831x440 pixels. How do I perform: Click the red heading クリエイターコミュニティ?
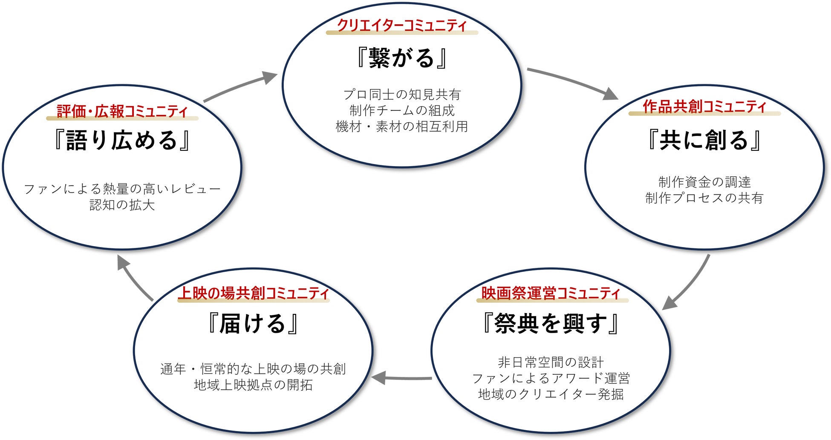(x=402, y=25)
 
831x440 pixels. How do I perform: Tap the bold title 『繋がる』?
(x=402, y=58)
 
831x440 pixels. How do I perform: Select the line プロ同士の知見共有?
(x=402, y=94)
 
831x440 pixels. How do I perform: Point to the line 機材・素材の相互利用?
(x=402, y=126)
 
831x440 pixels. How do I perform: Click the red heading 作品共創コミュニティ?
(x=704, y=106)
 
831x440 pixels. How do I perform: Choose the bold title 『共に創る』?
(x=704, y=140)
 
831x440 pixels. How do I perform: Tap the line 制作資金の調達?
(x=704, y=182)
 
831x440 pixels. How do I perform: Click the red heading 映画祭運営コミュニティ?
(x=551, y=293)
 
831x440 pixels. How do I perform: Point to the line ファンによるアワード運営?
(x=551, y=378)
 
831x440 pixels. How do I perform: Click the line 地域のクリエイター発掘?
(x=551, y=394)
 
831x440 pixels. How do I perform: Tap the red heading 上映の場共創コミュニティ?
(x=254, y=293)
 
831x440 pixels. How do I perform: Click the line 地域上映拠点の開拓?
(x=254, y=385)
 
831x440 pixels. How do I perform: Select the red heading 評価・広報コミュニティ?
(x=122, y=111)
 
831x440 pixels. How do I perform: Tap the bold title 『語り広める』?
(x=122, y=140)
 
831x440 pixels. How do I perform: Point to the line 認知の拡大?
(x=122, y=205)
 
